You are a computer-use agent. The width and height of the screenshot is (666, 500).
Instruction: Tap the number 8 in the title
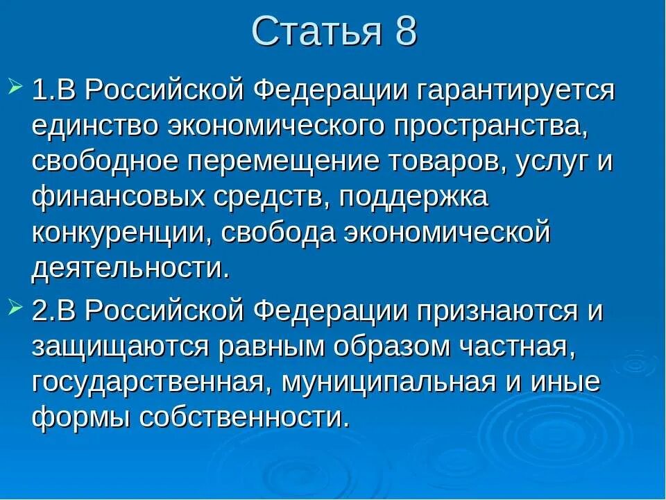point(405,32)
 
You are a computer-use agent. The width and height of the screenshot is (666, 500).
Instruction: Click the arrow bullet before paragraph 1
point(17,88)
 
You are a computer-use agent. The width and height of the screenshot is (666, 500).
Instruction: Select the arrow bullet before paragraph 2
point(17,308)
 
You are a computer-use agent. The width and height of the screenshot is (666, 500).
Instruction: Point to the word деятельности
point(130,269)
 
